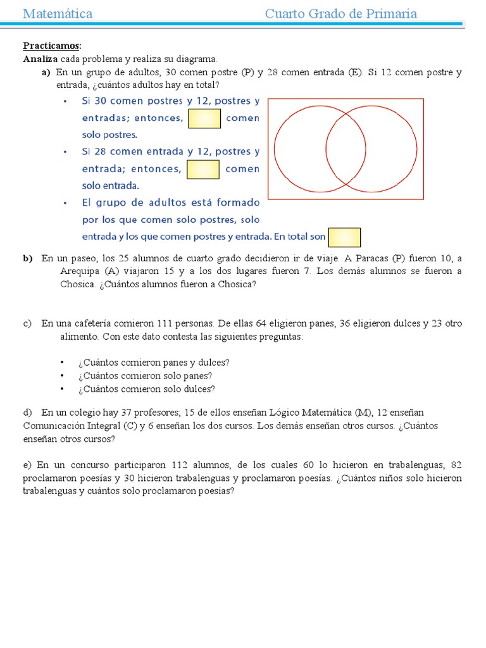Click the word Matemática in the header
pyautogui.click(x=58, y=14)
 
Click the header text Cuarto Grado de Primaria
pyautogui.click(x=340, y=14)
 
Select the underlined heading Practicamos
pyautogui.click(x=51, y=46)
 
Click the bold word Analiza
pyautogui.click(x=40, y=59)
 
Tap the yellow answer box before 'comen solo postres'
pyautogui.click(x=204, y=118)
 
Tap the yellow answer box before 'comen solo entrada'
pyautogui.click(x=203, y=170)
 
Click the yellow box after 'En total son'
pyautogui.click(x=345, y=237)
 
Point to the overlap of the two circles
pyautogui.click(x=346, y=149)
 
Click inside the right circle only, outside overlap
pyautogui.click(x=392, y=149)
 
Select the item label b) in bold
pyautogui.click(x=28, y=258)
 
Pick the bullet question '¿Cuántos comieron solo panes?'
pyautogui.click(x=145, y=376)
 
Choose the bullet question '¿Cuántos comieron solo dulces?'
pyautogui.click(x=146, y=389)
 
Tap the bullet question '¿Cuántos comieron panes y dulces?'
pyautogui.click(x=154, y=363)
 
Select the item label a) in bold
pyautogui.click(x=46, y=72)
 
